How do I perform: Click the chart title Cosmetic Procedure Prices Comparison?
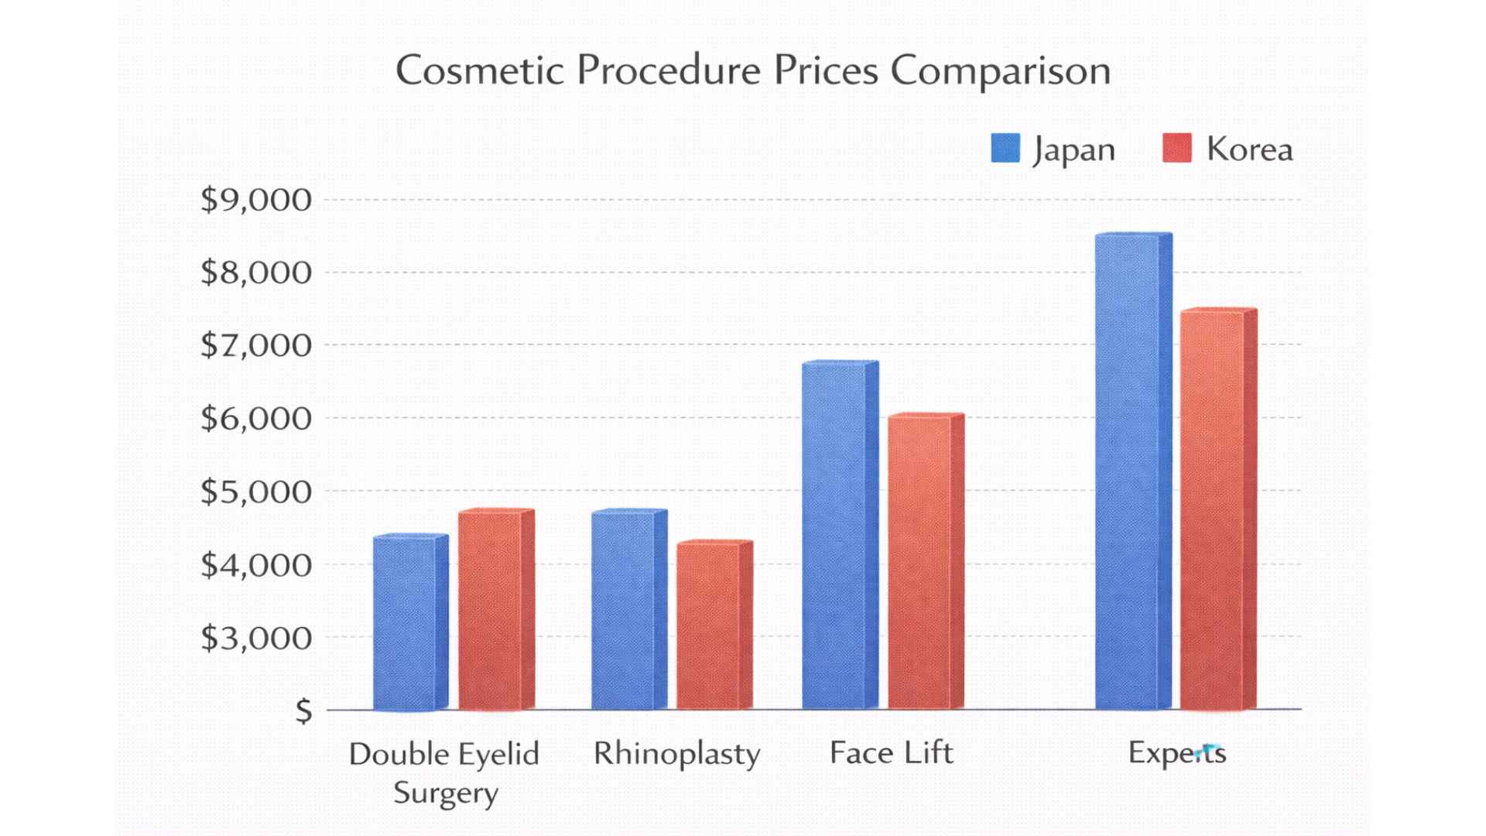pos(752,70)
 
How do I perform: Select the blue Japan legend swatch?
pos(1005,148)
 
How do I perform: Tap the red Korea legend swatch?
pos(1176,148)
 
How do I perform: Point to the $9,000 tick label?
pos(256,200)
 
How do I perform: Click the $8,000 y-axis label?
pos(256,272)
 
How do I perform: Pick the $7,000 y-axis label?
pos(256,344)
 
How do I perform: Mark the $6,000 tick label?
pos(256,418)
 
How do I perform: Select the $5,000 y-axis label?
pos(256,491)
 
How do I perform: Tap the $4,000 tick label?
pos(256,564)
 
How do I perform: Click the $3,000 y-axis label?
pos(256,637)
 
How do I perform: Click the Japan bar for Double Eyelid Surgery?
pos(405,623)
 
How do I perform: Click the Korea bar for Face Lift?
pos(919,562)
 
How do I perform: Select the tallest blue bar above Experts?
pos(1128,472)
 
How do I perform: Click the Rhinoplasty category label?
pos(676,754)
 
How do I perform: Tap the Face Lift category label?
pos(891,752)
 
